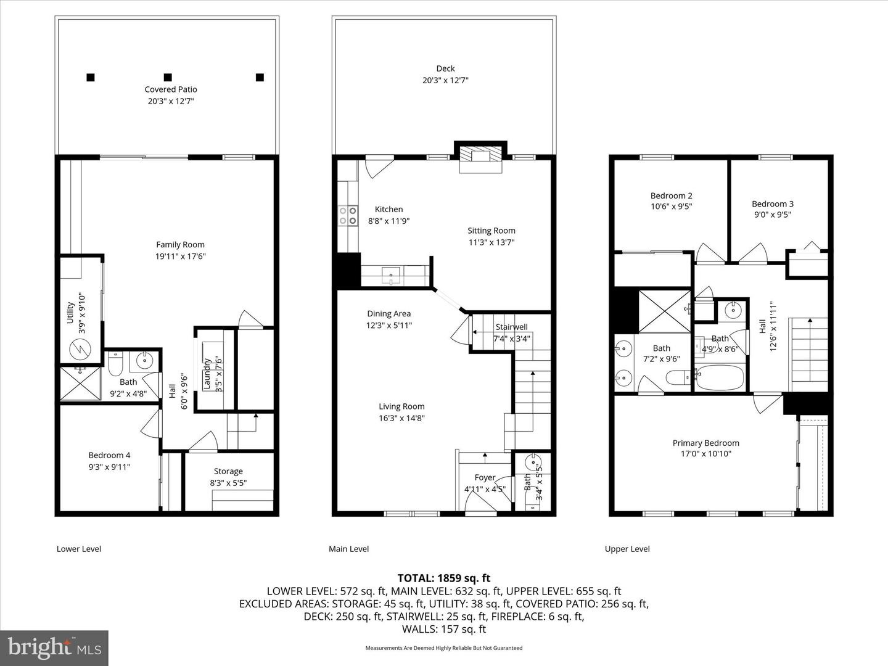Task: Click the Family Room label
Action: coord(180,245)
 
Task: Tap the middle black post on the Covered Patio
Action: coord(167,77)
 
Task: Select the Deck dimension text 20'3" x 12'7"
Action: coord(445,80)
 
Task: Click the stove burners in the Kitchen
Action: coord(348,215)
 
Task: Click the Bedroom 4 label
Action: coord(109,455)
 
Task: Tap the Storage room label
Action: coord(228,471)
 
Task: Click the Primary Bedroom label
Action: coord(705,443)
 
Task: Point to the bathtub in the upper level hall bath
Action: coord(721,377)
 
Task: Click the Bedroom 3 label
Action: coord(772,204)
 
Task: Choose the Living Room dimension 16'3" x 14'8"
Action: coord(401,418)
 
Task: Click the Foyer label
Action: coord(485,477)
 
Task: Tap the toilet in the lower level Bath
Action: coord(115,364)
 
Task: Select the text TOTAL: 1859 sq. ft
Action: coord(443,578)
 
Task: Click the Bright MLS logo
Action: coord(54,647)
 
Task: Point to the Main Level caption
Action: coord(349,549)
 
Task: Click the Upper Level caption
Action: coord(627,549)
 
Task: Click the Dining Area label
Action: coord(388,314)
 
